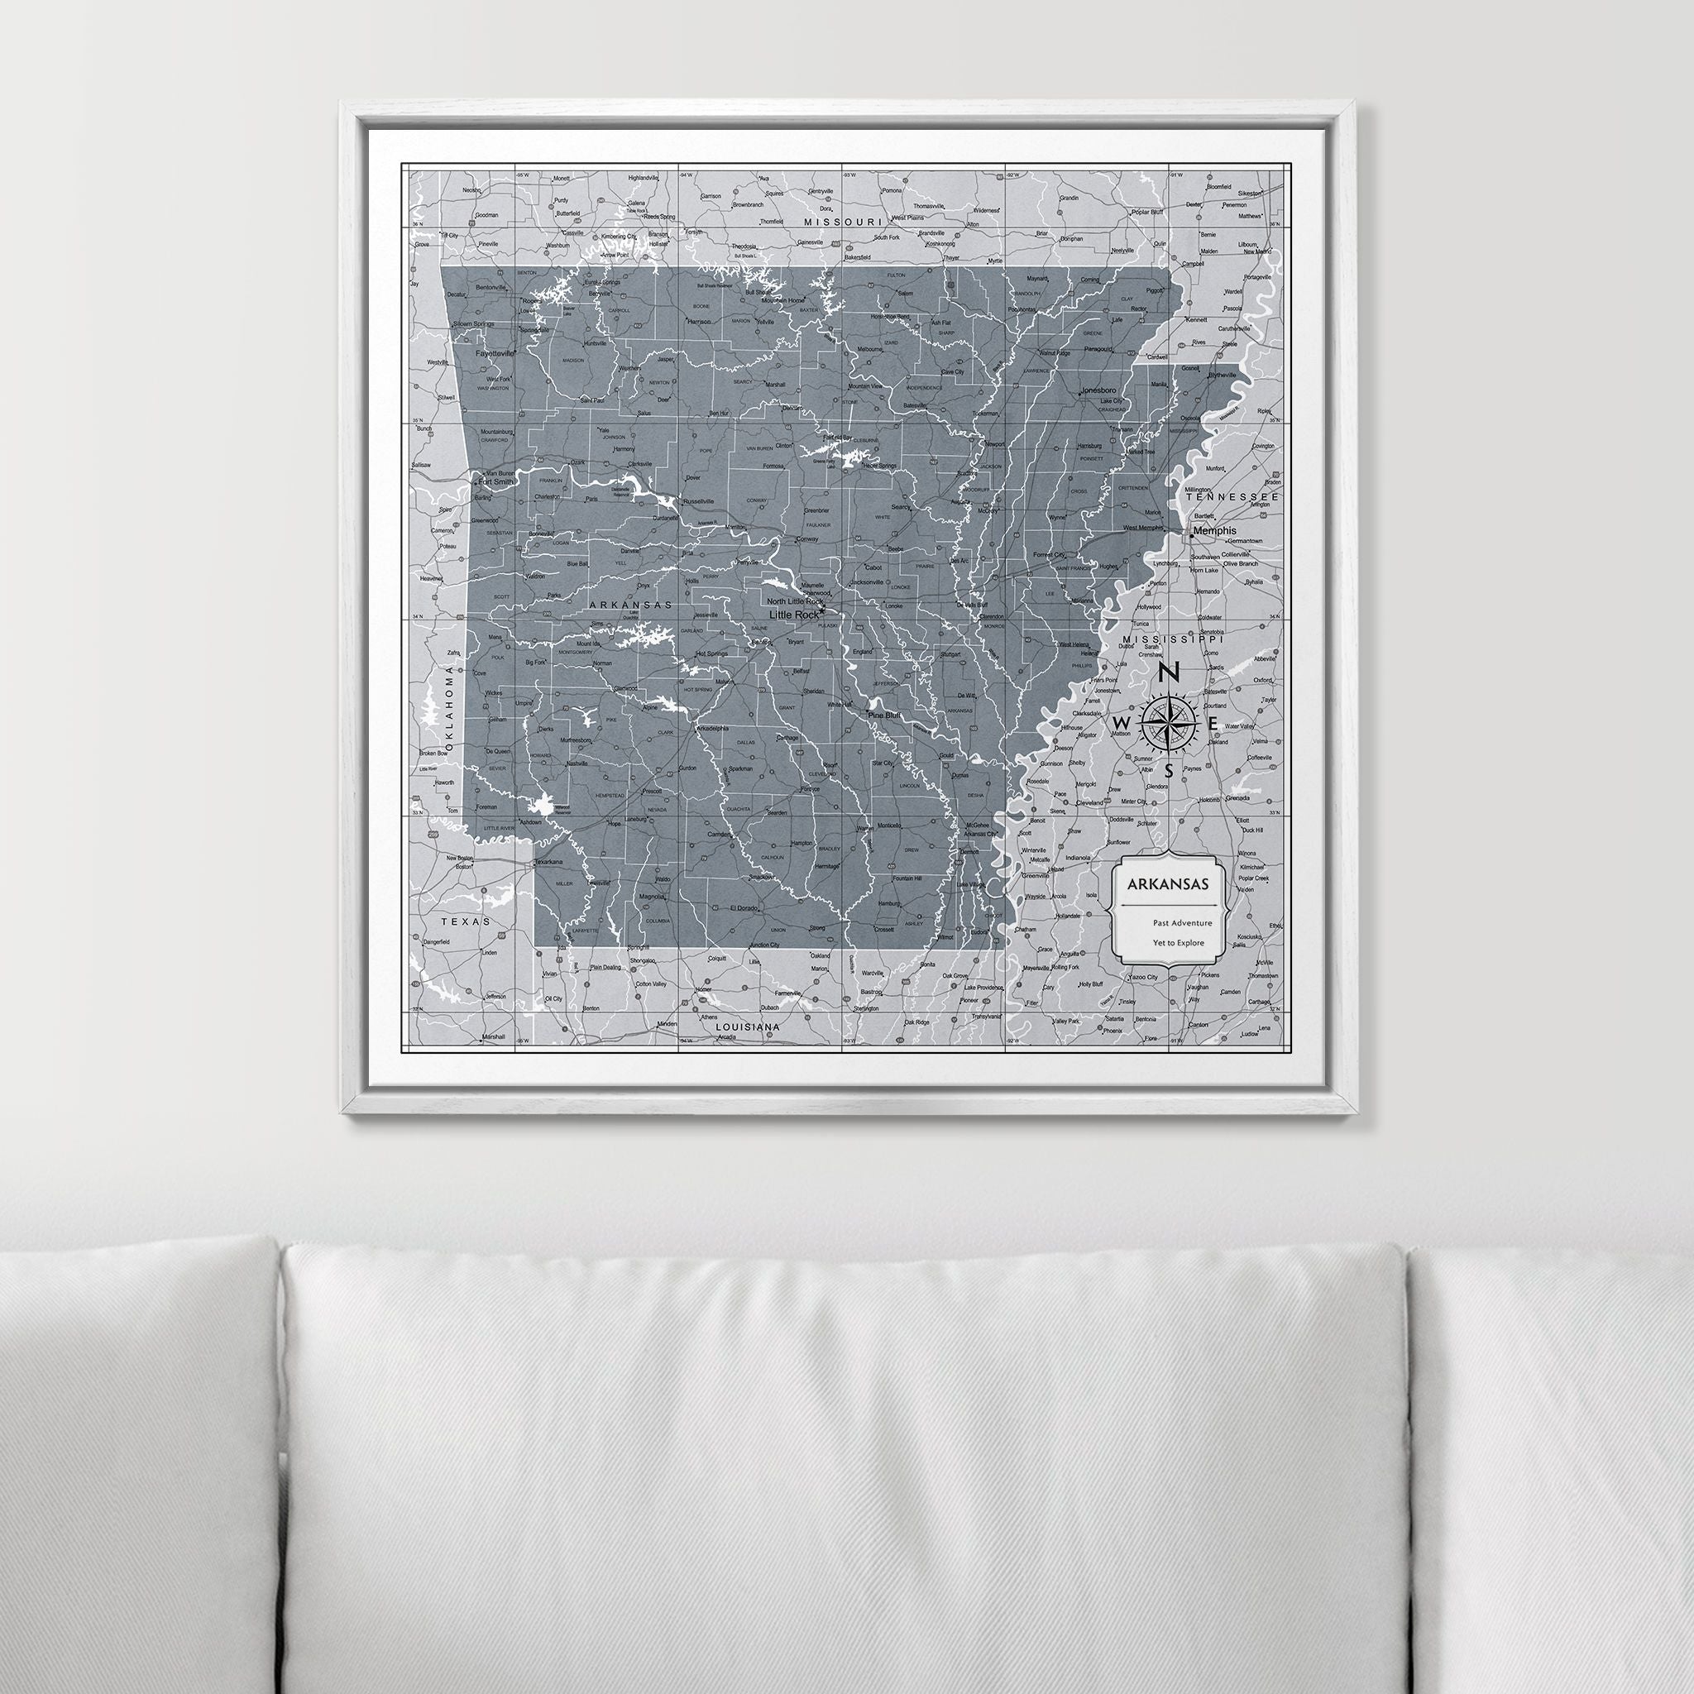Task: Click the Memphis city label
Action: [x=1213, y=530]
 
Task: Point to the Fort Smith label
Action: [x=495, y=481]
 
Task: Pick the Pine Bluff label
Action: [x=884, y=715]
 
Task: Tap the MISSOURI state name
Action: [x=842, y=223]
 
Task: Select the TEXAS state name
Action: [x=466, y=921]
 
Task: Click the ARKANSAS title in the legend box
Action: [x=1168, y=883]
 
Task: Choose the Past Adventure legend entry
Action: [x=1183, y=922]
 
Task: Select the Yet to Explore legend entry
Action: [x=1179, y=943]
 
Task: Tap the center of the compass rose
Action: [x=1169, y=721]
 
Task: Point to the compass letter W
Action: [x=1121, y=721]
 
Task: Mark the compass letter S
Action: [x=1169, y=772]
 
